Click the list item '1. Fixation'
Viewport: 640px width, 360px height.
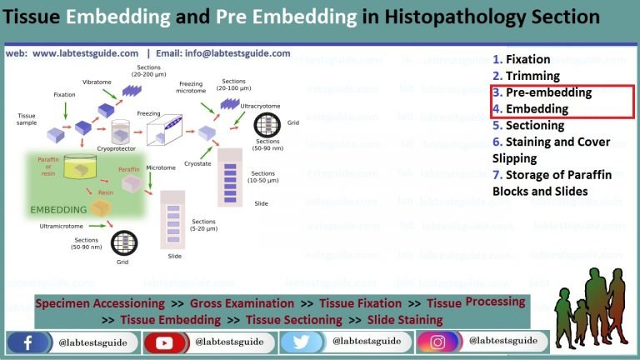[521, 59]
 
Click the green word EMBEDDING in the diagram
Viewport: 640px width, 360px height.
[58, 209]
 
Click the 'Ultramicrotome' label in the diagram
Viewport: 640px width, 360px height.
[65, 226]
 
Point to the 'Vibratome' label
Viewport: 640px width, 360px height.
[97, 82]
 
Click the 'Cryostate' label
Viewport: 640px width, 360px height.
[199, 164]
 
